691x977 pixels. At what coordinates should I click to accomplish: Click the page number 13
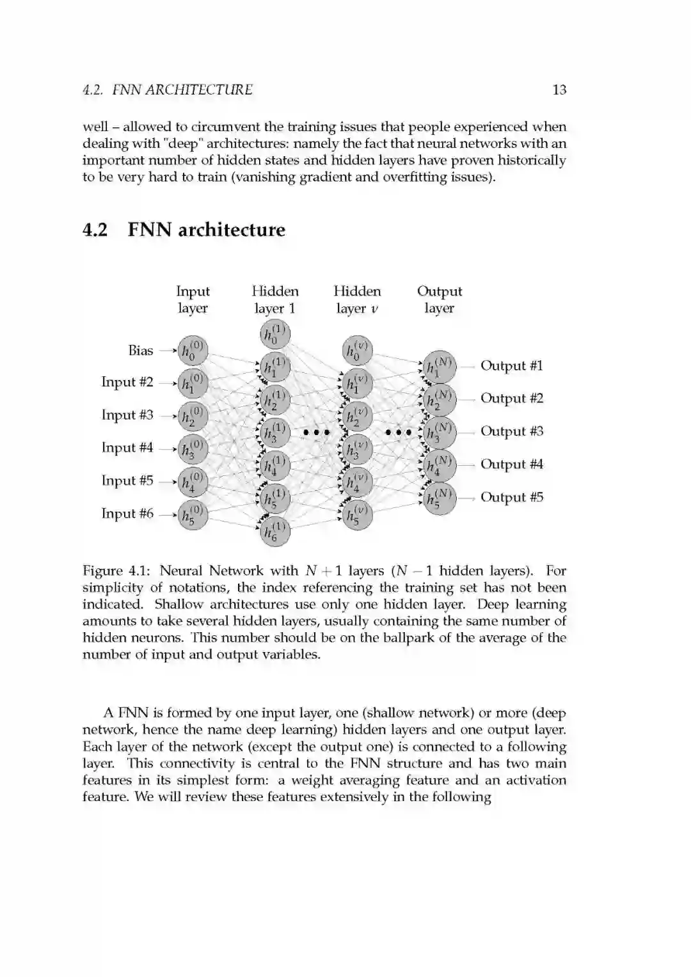(559, 90)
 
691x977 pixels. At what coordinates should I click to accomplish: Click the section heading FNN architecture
(206, 230)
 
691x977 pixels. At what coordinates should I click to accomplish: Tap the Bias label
(141, 350)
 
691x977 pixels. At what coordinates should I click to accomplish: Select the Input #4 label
(127, 447)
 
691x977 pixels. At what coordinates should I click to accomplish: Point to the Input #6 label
(127, 513)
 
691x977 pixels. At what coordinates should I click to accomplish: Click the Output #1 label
(511, 365)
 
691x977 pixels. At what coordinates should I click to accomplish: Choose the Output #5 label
(511, 497)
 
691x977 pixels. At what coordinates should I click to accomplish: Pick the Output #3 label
(511, 431)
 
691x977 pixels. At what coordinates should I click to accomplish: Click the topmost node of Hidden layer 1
(275, 334)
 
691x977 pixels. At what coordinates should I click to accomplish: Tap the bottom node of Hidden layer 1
(275, 531)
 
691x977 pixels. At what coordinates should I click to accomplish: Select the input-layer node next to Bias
(193, 351)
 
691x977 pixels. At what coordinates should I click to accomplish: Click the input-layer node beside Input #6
(193, 514)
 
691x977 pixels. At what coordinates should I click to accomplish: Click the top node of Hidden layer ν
(358, 351)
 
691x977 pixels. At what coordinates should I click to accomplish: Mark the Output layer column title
(440, 299)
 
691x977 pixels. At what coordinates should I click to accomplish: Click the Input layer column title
(193, 299)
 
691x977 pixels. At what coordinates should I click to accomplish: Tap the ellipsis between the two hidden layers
(317, 433)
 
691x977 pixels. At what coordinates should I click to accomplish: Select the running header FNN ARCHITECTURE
(182, 90)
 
